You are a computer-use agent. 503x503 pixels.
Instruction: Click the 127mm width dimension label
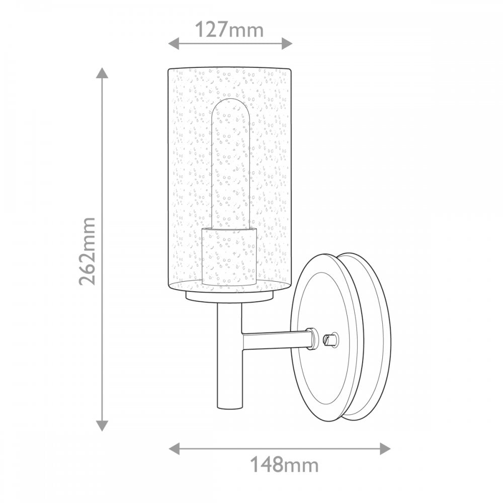pyautogui.click(x=230, y=30)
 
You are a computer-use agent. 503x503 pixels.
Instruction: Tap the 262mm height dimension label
pyautogui.click(x=87, y=251)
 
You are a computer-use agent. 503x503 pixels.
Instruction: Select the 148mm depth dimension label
pyautogui.click(x=284, y=464)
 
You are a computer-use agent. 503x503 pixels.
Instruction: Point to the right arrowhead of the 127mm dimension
pyautogui.click(x=287, y=43)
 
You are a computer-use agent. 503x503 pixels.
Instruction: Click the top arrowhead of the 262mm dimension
pyautogui.click(x=102, y=73)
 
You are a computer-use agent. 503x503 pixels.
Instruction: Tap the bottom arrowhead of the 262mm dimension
pyautogui.click(x=102, y=426)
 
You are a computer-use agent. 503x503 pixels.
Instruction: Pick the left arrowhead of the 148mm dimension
pyautogui.click(x=174, y=449)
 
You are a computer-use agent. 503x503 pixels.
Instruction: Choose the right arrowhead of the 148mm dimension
pyautogui.click(x=385, y=449)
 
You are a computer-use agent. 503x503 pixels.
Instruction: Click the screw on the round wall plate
pyautogui.click(x=330, y=339)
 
